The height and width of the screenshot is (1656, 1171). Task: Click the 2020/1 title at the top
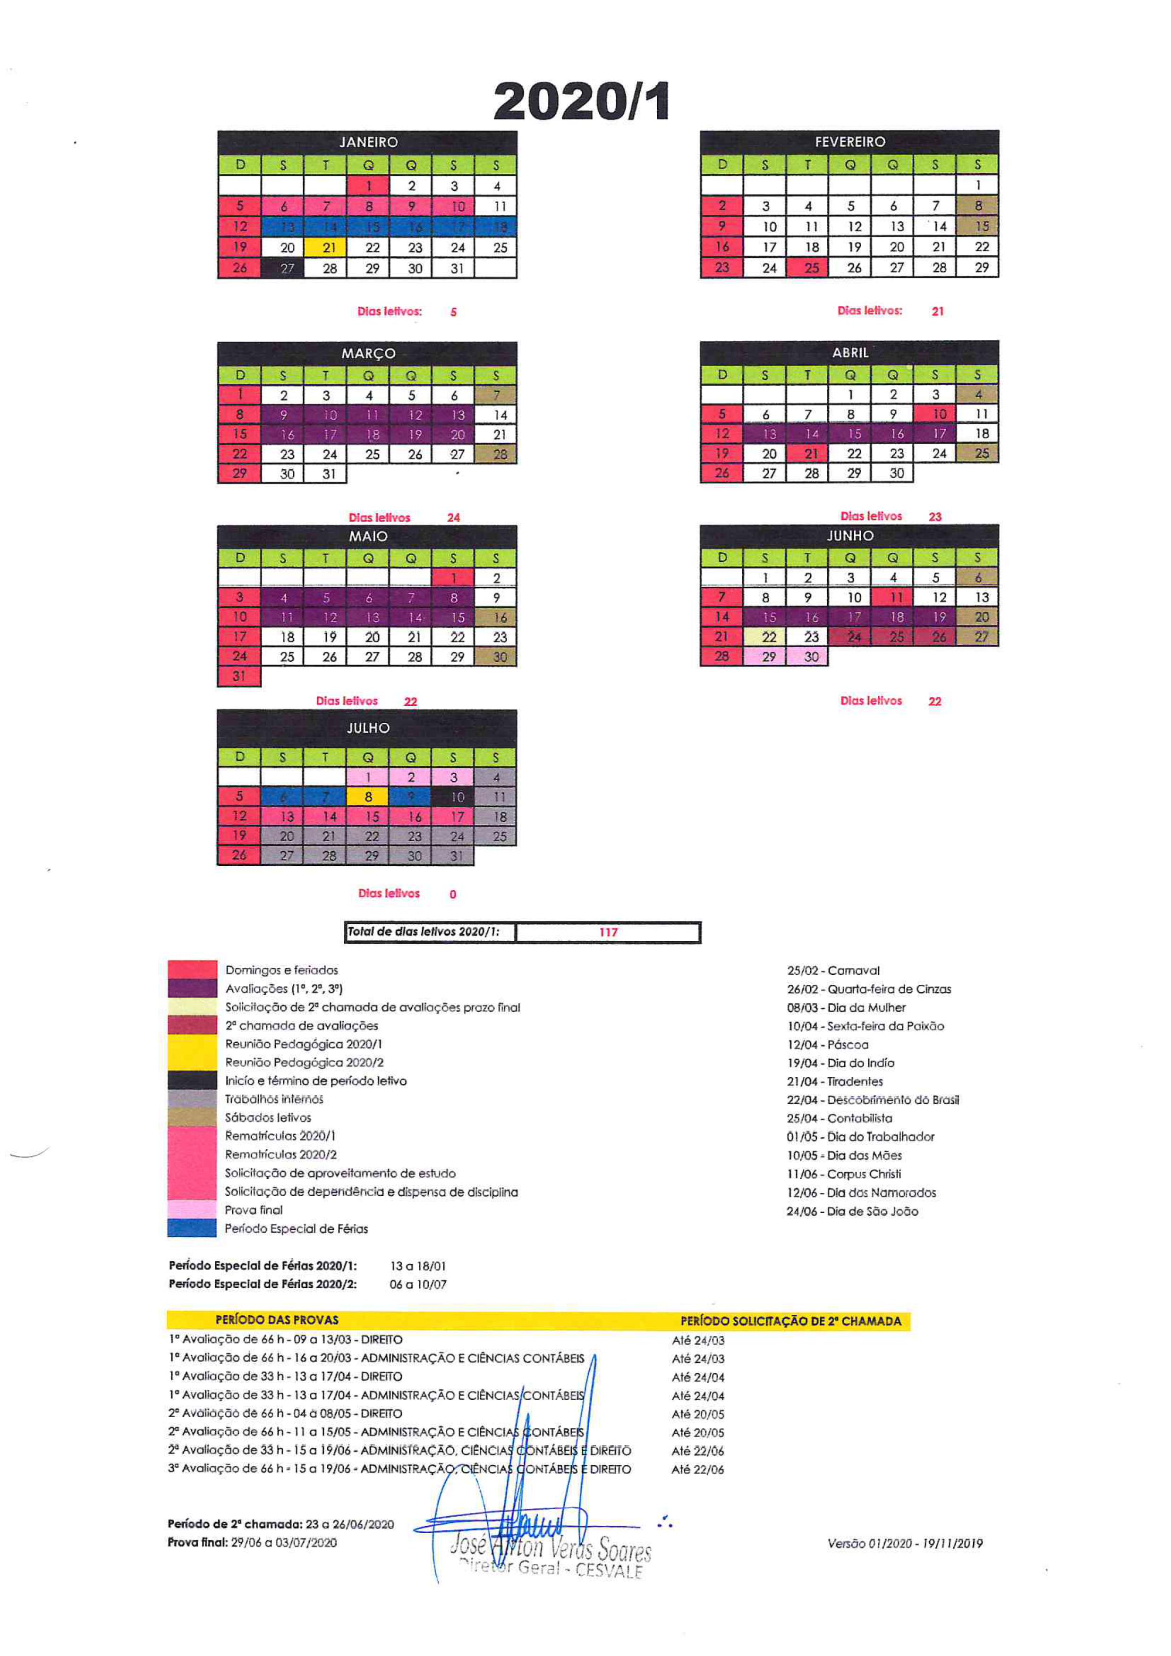coord(582,101)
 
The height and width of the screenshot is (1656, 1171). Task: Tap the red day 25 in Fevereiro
coord(812,268)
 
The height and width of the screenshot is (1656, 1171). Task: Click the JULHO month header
coord(368,728)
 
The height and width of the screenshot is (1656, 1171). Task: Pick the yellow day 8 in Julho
coord(368,797)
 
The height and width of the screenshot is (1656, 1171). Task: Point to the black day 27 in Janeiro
coord(287,268)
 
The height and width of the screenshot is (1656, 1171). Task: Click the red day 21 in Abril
coord(812,454)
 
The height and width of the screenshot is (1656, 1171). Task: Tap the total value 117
coord(608,932)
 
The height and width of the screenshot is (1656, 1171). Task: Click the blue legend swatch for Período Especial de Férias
coord(192,1227)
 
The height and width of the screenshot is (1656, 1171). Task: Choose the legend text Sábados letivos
coord(268,1117)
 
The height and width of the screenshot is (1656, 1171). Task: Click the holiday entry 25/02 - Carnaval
coord(832,971)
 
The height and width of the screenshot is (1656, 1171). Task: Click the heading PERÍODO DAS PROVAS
coord(277,1320)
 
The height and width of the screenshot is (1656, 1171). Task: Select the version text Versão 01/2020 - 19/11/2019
coord(905,1544)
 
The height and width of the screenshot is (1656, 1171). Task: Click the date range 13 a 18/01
coord(418,1266)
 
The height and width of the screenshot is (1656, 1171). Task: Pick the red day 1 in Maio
coord(453,578)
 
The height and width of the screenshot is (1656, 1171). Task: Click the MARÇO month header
coord(368,354)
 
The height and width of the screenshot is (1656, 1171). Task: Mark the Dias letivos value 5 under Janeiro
coord(453,313)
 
